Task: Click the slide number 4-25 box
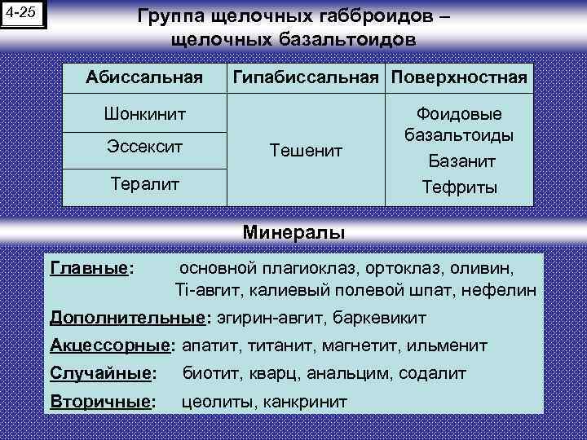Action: [x=24, y=15]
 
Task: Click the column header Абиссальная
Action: [x=144, y=78]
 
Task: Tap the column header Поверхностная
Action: [x=460, y=78]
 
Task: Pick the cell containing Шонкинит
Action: [x=144, y=114]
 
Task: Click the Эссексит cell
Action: [x=144, y=149]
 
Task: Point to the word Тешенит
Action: [x=306, y=150]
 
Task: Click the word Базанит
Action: [x=461, y=161]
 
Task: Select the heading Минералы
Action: [x=293, y=232]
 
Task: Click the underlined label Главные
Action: [x=90, y=267]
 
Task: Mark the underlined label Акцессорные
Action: [x=110, y=345]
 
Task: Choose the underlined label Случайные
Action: [x=101, y=373]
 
